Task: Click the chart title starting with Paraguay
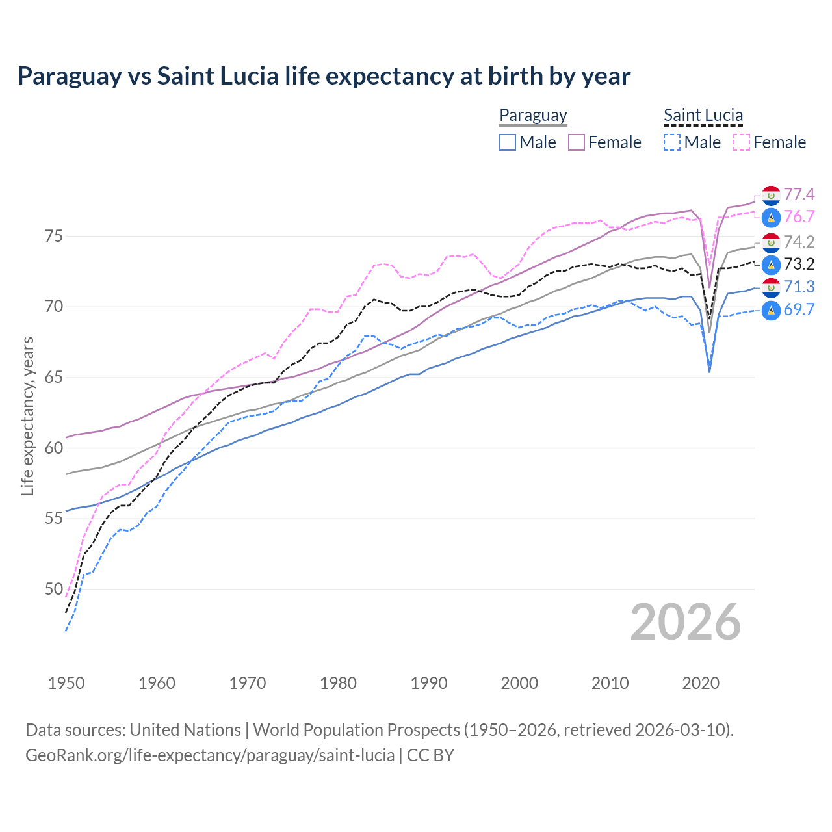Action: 324,76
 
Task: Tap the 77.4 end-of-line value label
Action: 799,194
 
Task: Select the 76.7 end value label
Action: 799,216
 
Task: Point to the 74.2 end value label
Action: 799,242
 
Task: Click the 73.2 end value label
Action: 799,264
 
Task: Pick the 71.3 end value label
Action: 799,287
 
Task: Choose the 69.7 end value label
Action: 799,309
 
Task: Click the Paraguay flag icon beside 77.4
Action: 771,194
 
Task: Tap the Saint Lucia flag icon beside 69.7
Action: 771,310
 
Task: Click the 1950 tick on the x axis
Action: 66,683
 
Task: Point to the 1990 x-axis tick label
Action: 429,683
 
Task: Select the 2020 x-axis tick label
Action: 701,683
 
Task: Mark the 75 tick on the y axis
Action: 53,236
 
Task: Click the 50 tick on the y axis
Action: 53,590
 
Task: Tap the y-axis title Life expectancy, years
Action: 27,416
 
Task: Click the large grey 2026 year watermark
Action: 686,622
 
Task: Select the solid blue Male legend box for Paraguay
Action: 508,142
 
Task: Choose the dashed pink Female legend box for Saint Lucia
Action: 742,142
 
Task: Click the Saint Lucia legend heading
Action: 703,115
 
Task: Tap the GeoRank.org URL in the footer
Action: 210,755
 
